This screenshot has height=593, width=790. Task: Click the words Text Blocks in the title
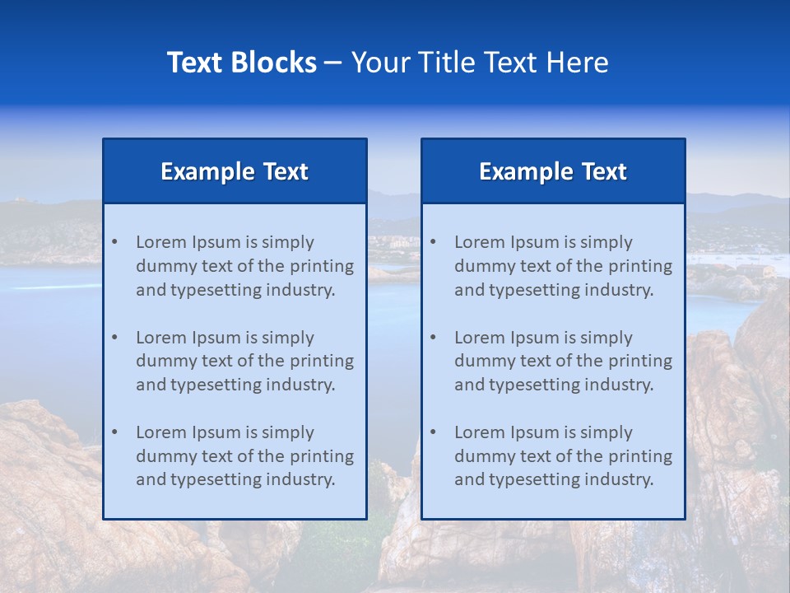241,63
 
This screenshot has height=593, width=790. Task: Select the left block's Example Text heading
235,171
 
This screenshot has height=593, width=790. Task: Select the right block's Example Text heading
553,171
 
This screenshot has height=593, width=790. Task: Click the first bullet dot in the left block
115,242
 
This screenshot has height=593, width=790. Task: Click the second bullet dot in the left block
115,338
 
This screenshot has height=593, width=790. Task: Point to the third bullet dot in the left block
115,432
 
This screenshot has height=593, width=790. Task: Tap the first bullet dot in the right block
434,242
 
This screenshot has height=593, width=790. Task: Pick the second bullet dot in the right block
434,338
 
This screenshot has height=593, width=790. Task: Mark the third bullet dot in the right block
434,432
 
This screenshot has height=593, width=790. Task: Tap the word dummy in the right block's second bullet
480,361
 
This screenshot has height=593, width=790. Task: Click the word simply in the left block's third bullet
288,432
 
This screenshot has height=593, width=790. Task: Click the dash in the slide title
333,63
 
